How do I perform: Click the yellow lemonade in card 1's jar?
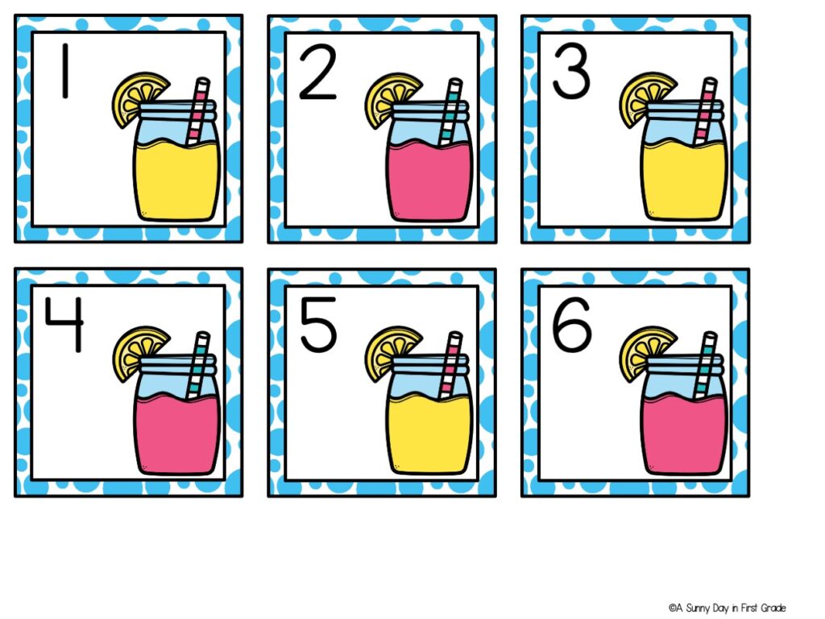point(176,181)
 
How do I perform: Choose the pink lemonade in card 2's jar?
point(429,181)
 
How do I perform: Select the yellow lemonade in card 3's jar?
point(683,181)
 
